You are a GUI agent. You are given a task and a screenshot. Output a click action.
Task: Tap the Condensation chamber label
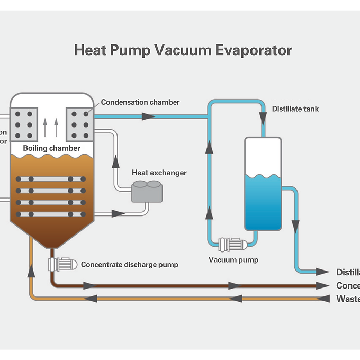[140, 102]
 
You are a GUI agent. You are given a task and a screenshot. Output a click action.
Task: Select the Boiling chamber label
[51, 148]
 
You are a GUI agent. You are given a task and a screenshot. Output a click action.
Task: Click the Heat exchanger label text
[159, 173]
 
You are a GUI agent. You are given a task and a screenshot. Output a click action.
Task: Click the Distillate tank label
[295, 109]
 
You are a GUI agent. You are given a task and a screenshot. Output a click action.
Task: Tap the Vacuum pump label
[233, 260]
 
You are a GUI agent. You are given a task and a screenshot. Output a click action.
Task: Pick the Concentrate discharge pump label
[130, 264]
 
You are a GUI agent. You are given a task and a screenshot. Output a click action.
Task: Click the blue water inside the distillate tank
[263, 204]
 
